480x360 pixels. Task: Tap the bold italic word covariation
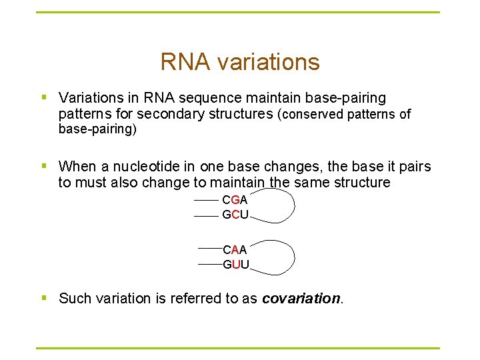tap(301, 298)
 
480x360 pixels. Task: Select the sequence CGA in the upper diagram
tap(235, 199)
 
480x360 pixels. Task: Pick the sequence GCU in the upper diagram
tap(235, 215)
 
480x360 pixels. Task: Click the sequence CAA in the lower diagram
tap(235, 249)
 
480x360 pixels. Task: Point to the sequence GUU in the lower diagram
tap(235, 265)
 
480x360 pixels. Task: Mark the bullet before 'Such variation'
tap(44, 298)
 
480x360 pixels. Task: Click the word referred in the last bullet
tap(199, 298)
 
